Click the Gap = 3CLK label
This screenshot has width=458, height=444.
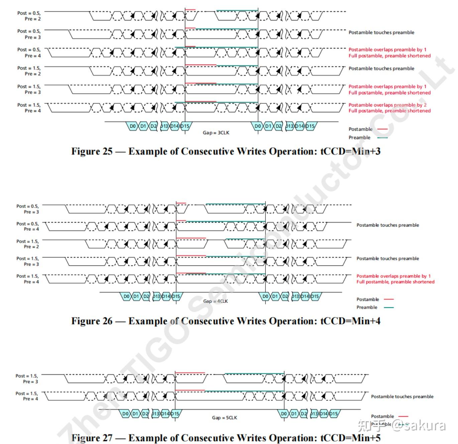click(216, 133)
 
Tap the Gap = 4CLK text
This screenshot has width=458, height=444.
click(215, 301)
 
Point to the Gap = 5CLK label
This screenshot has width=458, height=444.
click(224, 418)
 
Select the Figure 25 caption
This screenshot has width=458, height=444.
click(226, 151)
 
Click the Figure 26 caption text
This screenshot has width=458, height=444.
click(226, 321)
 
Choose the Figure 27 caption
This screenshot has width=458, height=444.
click(226, 438)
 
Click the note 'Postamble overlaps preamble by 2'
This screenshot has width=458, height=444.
click(387, 105)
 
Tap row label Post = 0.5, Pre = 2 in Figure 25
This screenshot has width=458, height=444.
click(29, 16)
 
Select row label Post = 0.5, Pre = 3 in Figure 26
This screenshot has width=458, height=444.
click(28, 209)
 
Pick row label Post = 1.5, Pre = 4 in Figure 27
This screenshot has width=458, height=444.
click(27, 396)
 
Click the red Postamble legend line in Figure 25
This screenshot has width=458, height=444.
click(382, 129)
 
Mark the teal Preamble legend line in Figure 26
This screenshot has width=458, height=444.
click(389, 307)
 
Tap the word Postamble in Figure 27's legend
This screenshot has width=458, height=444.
click(382, 416)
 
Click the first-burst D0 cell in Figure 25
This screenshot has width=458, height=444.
click(133, 126)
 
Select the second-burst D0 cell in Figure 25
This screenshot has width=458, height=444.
click(257, 126)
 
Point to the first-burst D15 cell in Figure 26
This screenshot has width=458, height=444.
click(176, 296)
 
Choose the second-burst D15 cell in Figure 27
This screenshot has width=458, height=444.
click(333, 414)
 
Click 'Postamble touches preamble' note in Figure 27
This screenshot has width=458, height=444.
click(402, 397)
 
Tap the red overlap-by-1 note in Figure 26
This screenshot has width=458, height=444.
click(393, 276)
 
